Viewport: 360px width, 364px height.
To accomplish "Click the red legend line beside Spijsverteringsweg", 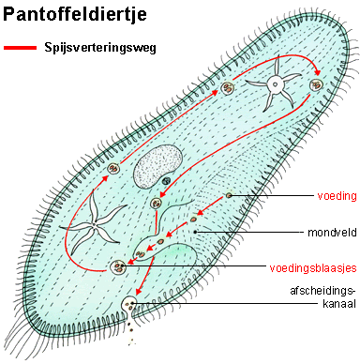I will click(22, 46).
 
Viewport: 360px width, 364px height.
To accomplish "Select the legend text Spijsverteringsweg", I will click(98, 46).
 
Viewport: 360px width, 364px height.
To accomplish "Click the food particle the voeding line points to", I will click(229, 195).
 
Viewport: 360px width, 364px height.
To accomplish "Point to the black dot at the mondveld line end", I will click(194, 231).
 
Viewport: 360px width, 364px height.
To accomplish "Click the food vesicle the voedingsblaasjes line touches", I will click(118, 267).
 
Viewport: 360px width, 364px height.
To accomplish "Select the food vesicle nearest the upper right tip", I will click(316, 87).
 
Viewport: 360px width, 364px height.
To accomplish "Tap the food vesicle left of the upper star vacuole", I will click(226, 91).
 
